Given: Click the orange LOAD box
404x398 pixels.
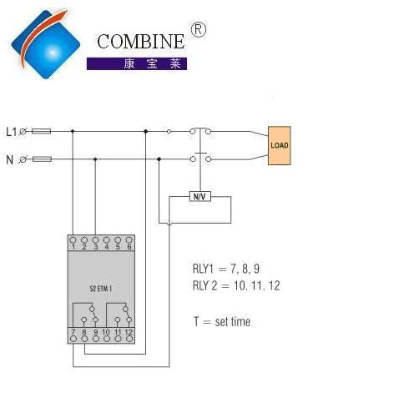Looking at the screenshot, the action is pyautogui.click(x=280, y=145).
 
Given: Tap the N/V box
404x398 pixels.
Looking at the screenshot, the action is pyautogui.click(x=199, y=196).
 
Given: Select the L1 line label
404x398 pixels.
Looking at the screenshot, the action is pyautogui.click(x=12, y=132).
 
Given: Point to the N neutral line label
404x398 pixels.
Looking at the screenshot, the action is pyautogui.click(x=10, y=159).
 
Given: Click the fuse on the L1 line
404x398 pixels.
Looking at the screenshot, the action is pyautogui.click(x=41, y=131).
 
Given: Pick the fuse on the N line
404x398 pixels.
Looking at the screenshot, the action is pyautogui.click(x=42, y=159).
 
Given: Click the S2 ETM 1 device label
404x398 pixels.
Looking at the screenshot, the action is pyautogui.click(x=101, y=289).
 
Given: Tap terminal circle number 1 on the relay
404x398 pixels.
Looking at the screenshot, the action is pyautogui.click(x=73, y=239).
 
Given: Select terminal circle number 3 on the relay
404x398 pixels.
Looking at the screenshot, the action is pyautogui.click(x=95, y=239).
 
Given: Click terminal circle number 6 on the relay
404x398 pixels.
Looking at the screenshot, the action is pyautogui.click(x=129, y=239).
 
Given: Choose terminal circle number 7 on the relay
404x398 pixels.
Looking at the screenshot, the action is pyautogui.click(x=73, y=339).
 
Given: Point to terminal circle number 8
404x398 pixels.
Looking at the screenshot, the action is pyautogui.click(x=84, y=339).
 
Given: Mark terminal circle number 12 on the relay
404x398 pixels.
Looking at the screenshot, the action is pyautogui.click(x=129, y=339).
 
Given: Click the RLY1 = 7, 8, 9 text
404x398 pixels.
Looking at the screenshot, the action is pyautogui.click(x=226, y=269).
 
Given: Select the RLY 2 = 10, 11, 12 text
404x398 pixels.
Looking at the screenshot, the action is pyautogui.click(x=236, y=285).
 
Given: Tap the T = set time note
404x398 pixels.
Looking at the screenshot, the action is pyautogui.click(x=222, y=321).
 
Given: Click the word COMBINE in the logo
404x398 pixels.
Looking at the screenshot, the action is pyautogui.click(x=140, y=42).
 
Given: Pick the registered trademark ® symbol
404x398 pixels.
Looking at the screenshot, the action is pyautogui.click(x=198, y=30).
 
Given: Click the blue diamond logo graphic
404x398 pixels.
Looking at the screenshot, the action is pyautogui.click(x=46, y=44).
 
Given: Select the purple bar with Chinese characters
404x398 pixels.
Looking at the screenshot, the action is pyautogui.click(x=137, y=63).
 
